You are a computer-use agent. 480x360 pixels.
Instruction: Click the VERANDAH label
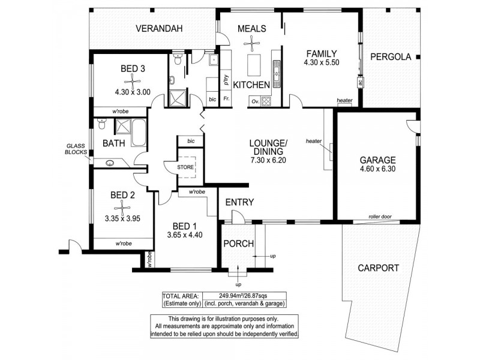click(158, 29)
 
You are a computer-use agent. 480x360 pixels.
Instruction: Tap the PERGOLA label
click(389, 57)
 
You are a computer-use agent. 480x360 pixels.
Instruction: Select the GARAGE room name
click(377, 160)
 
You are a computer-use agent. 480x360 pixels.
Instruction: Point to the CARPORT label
click(377, 268)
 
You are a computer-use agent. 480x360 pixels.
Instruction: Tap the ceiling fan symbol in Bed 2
click(122, 207)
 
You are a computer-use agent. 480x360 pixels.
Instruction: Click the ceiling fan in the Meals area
click(252, 41)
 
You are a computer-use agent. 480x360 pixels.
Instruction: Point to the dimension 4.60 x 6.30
click(377, 170)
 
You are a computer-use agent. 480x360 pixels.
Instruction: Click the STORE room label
click(185, 167)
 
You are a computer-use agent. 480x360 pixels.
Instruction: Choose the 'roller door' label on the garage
click(380, 218)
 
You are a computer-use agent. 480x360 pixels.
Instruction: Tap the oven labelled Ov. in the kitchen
click(254, 101)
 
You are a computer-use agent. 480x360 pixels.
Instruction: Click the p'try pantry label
click(226, 77)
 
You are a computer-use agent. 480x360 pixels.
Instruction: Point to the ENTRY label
click(240, 202)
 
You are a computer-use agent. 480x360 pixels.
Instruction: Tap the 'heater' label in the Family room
click(344, 101)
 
